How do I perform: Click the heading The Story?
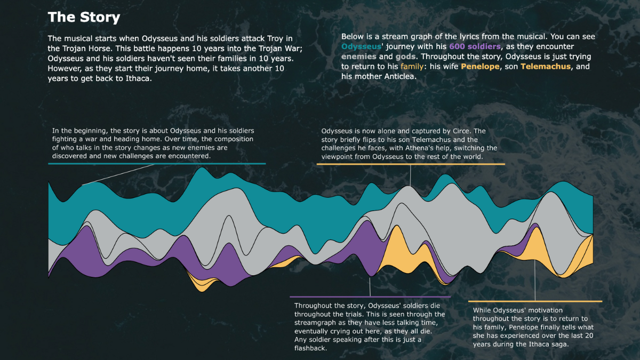[x=84, y=17]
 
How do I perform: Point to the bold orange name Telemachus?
[x=546, y=66]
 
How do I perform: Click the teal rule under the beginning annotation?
[x=157, y=164]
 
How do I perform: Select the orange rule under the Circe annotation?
[x=411, y=164]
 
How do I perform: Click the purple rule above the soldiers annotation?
[x=370, y=297]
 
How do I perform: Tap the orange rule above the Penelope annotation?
[x=535, y=301]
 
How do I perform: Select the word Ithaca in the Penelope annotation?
[x=554, y=344]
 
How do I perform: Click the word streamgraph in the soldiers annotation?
[x=317, y=323]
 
